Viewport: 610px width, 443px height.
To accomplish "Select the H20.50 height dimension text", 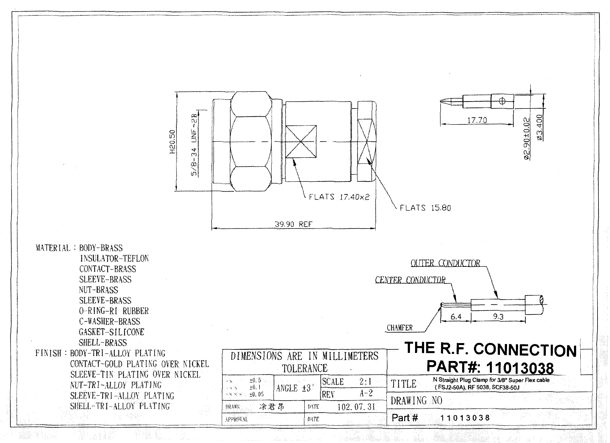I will (172, 142).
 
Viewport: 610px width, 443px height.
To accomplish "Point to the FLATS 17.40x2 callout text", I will (339, 197).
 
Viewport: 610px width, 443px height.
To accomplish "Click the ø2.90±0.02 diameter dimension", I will (527, 139).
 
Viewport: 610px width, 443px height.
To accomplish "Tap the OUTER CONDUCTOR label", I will (445, 263).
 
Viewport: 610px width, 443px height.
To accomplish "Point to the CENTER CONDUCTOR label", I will (410, 280).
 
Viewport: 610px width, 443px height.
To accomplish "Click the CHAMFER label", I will (399, 328).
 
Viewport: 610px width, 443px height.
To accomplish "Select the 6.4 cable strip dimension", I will (456, 317).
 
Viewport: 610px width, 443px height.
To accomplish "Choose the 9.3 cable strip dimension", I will (498, 317).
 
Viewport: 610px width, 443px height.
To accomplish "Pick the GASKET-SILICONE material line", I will (112, 332).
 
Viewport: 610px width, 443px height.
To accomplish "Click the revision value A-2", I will (366, 394).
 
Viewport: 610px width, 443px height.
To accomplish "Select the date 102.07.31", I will (356, 407).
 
